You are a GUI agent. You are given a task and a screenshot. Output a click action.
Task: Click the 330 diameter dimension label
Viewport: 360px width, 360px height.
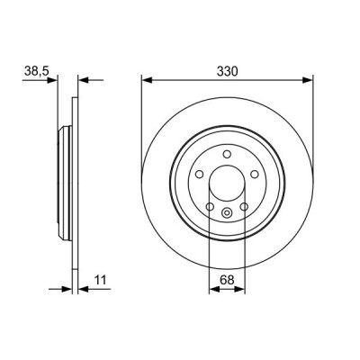pos(227,72)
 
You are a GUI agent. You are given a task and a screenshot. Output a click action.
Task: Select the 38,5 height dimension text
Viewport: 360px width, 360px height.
pos(36,72)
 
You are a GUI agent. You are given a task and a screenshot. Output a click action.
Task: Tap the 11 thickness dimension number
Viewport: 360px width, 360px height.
pos(101,280)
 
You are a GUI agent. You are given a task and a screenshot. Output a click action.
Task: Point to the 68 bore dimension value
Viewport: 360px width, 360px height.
pos(227,280)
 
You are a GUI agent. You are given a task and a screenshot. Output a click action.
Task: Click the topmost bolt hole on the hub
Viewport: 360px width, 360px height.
pos(227,154)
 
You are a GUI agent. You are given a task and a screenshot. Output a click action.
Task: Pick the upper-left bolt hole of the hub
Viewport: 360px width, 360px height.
pos(199,175)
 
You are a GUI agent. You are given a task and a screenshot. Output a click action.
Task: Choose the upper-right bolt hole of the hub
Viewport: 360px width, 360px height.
pos(255,175)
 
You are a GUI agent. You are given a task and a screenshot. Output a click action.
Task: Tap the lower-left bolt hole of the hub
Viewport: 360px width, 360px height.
pos(210,207)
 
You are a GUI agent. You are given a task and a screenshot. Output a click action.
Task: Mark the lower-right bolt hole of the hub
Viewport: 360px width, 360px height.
pos(244,207)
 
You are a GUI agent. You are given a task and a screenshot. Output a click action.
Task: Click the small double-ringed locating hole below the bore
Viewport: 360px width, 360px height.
pos(227,213)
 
